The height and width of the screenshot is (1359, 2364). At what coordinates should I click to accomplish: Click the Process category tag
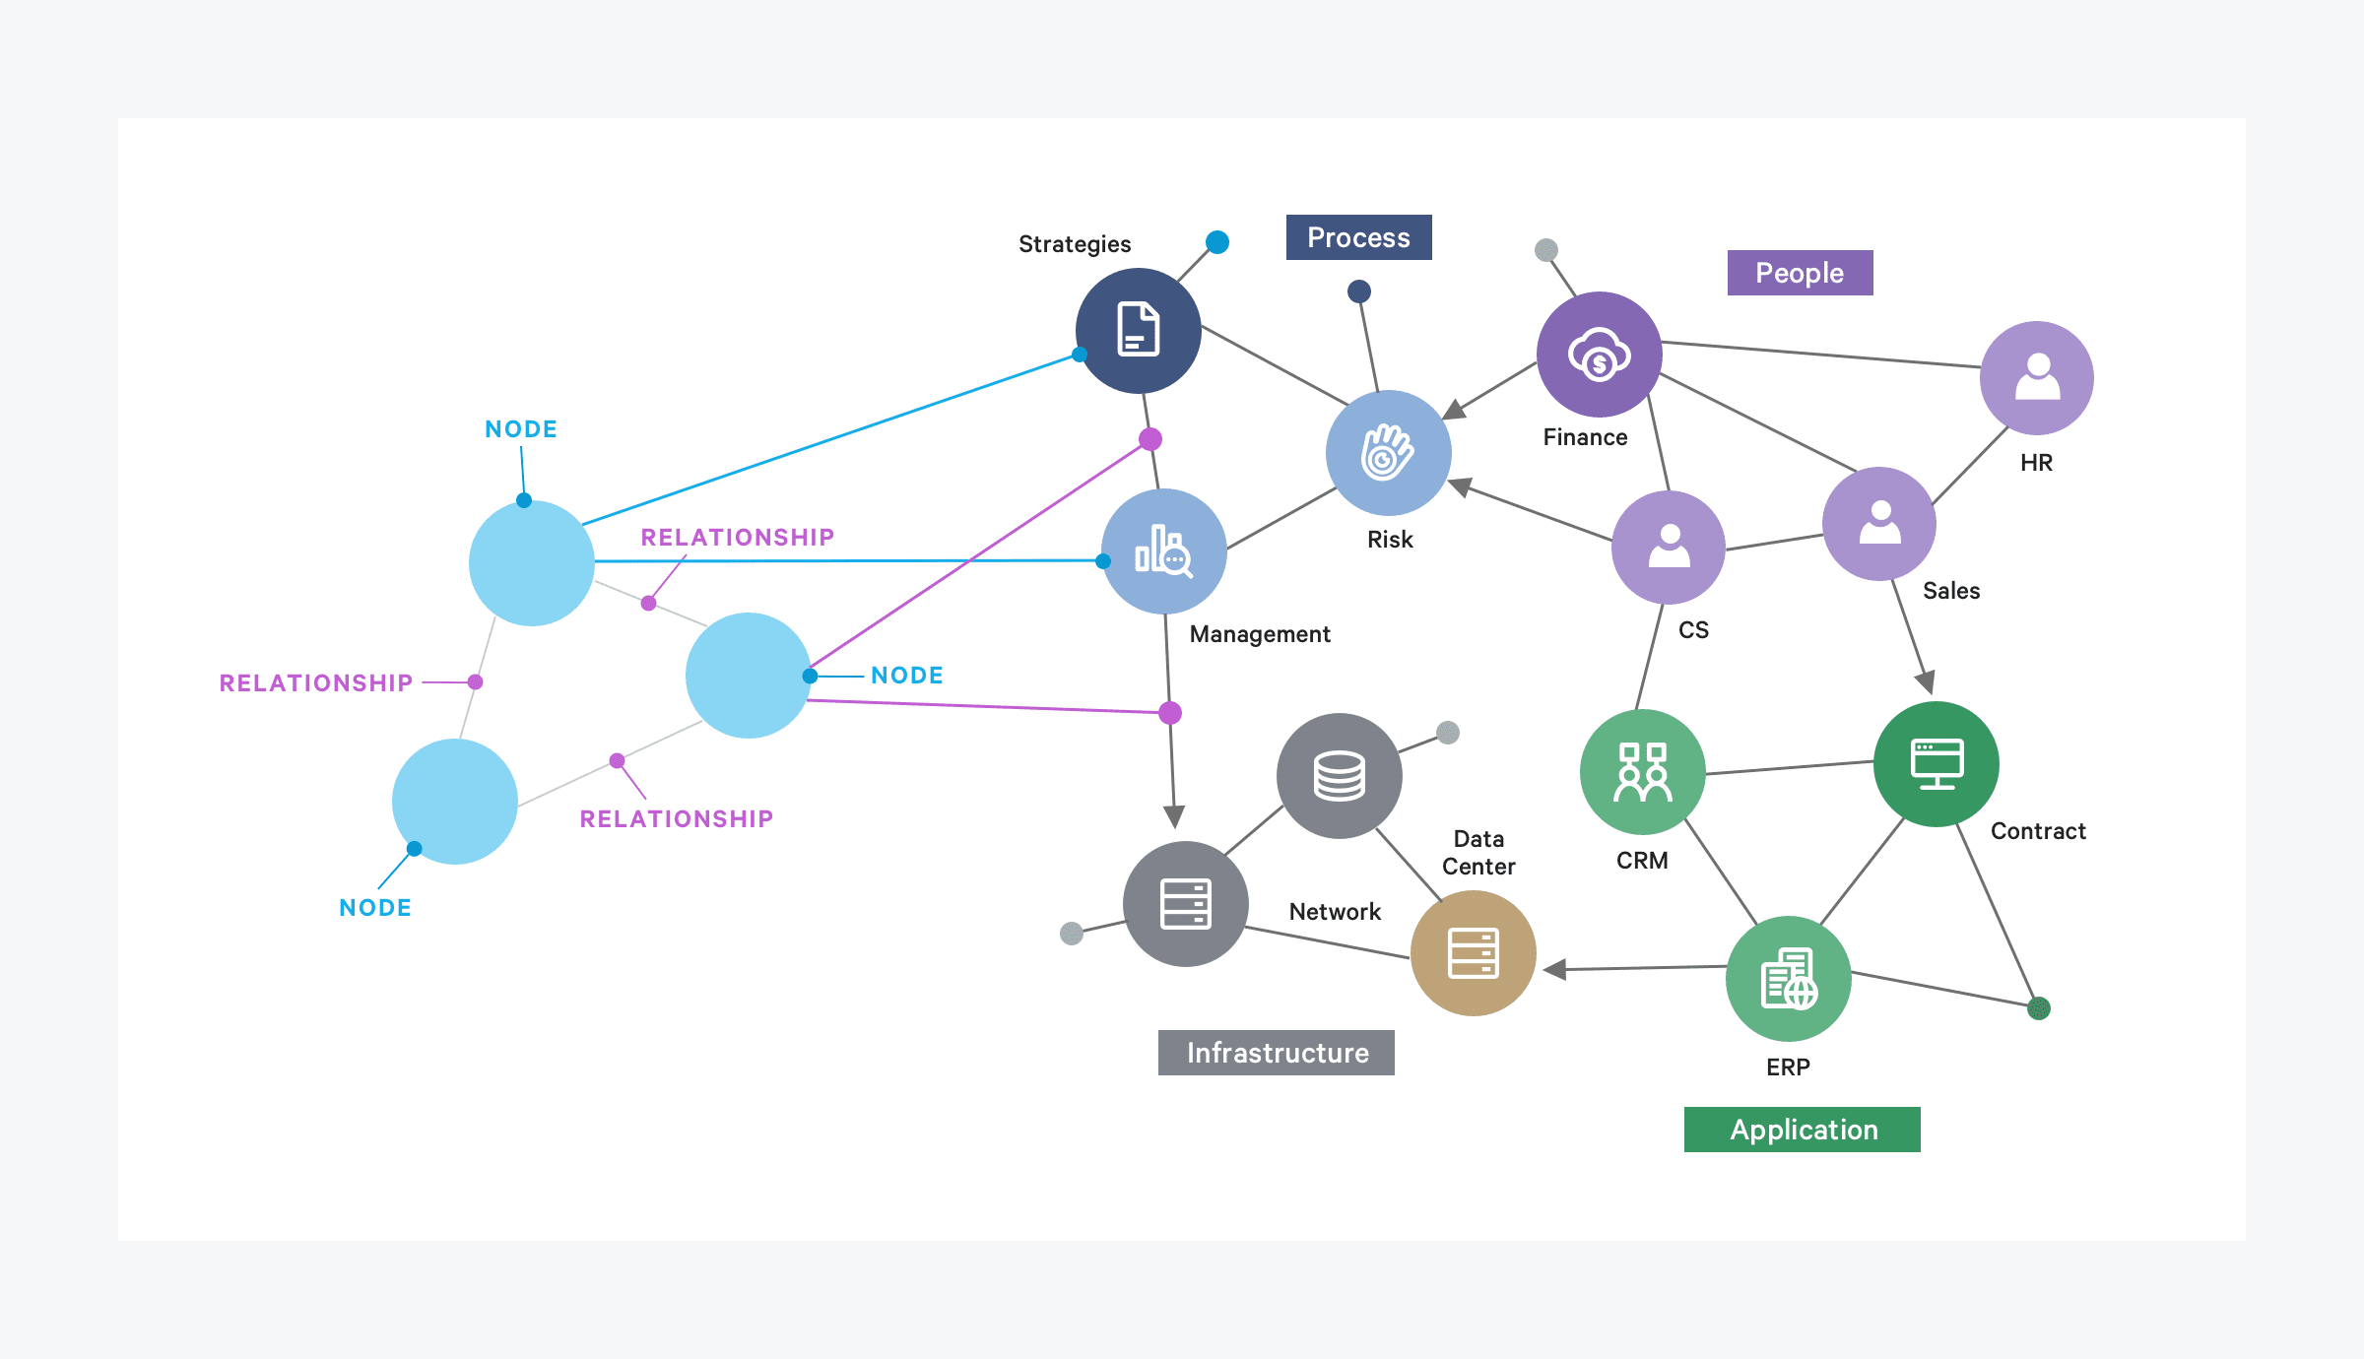(1358, 237)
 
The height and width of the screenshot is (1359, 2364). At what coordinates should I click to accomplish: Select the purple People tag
(1800, 273)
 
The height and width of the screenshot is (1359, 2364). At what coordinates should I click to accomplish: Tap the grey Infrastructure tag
(1277, 1053)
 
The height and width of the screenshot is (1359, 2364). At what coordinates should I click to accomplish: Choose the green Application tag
(1803, 1130)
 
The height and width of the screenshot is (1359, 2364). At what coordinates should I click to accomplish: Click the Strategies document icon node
(1138, 330)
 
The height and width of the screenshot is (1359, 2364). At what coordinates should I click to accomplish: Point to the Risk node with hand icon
(1388, 453)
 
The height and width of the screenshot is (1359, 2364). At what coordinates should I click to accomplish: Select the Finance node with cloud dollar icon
(1599, 355)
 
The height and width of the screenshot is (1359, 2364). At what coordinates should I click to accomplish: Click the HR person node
(2036, 378)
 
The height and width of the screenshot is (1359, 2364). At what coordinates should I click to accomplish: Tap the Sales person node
(1879, 524)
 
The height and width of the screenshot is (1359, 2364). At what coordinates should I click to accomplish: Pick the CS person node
(1669, 548)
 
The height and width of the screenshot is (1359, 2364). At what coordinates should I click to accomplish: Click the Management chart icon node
(1163, 551)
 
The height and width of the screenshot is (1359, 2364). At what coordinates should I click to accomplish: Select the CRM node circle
(1642, 772)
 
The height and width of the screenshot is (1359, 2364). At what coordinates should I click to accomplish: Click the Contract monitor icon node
(1936, 764)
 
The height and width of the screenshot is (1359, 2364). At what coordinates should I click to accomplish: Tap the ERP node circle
(1788, 979)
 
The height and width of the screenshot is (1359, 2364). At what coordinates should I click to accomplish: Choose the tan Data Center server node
(1473, 953)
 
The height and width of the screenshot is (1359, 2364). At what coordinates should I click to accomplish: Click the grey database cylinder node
(1339, 776)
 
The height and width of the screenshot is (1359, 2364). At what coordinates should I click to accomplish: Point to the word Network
(1335, 912)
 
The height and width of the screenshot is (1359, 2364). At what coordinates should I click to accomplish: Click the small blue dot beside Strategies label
(1217, 242)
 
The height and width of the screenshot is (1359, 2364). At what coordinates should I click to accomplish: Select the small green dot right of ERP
(2039, 1008)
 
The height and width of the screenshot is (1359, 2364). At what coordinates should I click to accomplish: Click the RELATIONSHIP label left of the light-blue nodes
(315, 682)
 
